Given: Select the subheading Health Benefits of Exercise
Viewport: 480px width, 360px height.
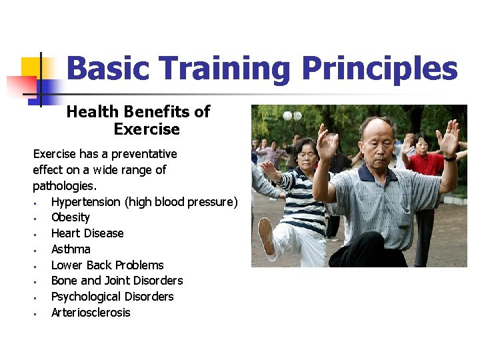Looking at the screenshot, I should (x=138, y=120).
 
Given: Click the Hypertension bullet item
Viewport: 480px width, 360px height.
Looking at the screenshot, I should (x=144, y=201).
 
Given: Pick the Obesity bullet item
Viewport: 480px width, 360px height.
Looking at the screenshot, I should (x=70, y=217).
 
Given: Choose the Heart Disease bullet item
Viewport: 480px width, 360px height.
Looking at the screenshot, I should (x=87, y=233).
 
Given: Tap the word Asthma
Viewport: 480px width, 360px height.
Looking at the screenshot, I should (x=71, y=249).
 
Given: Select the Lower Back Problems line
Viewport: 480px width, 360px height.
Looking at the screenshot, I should (x=107, y=265).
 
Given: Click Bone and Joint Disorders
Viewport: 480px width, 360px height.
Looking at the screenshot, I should (x=117, y=281).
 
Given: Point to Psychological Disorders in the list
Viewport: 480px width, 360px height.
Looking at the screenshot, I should (x=112, y=297).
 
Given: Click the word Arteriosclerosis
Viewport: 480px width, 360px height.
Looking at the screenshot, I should (x=91, y=313).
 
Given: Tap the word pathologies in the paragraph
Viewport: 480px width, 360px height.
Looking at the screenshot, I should (x=64, y=185).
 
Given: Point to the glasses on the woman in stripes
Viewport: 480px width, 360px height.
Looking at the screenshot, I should (x=307, y=156).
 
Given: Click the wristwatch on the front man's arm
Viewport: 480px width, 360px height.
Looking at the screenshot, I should (x=451, y=158).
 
